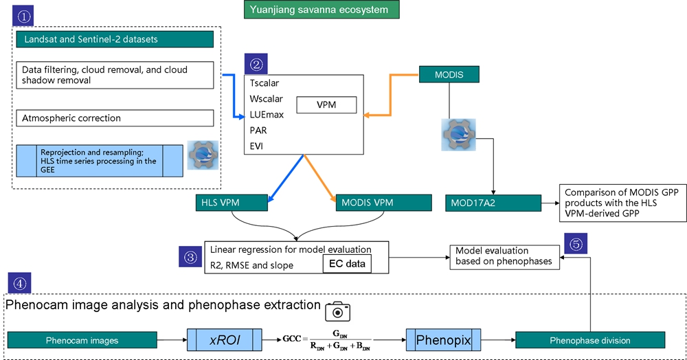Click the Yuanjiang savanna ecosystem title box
(321, 10)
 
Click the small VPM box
(327, 105)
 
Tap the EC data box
(347, 264)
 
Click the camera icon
(337, 311)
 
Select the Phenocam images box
(83, 340)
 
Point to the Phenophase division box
(590, 340)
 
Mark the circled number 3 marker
(191, 257)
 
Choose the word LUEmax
(267, 115)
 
